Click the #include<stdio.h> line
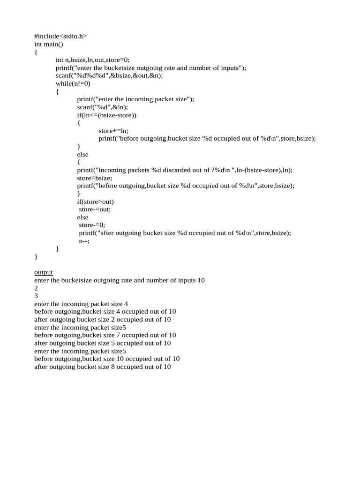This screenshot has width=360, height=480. coord(60,36)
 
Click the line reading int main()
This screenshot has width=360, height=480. coord(48,44)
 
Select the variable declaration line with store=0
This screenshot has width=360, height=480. coord(92,60)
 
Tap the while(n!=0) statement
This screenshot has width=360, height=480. coord(73,83)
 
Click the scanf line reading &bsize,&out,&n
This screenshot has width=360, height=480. coord(109,75)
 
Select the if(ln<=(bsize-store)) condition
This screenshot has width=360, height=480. coord(107,115)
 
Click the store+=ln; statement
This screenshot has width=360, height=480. coord(113,131)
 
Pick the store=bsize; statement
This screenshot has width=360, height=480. coord(95,178)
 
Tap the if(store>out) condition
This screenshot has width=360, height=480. coord(96,202)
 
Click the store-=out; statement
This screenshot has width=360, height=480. coord(95,210)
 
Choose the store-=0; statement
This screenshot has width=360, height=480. coord(92,225)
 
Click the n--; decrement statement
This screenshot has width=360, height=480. coord(84,241)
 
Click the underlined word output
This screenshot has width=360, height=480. coord(44,272)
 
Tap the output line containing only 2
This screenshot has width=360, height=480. coord(36,288)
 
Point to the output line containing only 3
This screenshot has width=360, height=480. coord(36,296)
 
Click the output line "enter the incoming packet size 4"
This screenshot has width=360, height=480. coord(81,304)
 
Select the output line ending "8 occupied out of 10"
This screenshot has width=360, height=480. coord(103,367)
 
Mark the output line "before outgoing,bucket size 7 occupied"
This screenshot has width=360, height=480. coord(105,335)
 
